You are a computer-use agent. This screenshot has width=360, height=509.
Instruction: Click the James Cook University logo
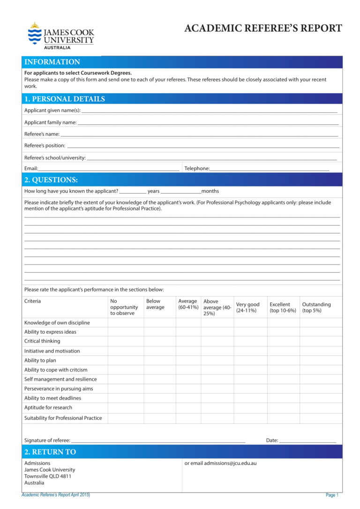(x=60, y=36)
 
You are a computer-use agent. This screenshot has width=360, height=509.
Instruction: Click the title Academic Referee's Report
(x=263, y=28)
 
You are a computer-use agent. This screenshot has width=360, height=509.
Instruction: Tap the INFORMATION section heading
(x=52, y=62)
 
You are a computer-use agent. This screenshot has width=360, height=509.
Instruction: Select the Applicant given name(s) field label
(x=52, y=111)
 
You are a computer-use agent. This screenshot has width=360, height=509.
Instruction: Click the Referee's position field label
(x=45, y=145)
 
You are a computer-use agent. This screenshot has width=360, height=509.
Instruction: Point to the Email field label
(x=31, y=168)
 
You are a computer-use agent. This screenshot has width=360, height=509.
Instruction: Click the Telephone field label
(x=197, y=168)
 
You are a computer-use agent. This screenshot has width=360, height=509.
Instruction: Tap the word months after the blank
(x=210, y=191)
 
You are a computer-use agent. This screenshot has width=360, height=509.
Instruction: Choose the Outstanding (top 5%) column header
(x=316, y=307)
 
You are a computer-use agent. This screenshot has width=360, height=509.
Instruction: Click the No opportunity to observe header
(x=124, y=307)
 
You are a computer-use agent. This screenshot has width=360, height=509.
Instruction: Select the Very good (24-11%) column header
(x=247, y=307)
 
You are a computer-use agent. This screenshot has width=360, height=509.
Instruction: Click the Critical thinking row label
(x=42, y=341)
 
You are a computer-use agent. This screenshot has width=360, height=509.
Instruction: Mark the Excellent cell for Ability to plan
(x=283, y=360)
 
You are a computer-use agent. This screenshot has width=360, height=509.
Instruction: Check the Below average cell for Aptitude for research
(x=159, y=408)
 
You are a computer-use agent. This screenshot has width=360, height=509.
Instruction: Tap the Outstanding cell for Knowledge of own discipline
(x=321, y=322)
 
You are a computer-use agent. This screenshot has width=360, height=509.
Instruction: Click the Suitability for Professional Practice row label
(x=63, y=418)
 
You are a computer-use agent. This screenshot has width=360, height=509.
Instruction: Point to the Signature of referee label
(x=47, y=441)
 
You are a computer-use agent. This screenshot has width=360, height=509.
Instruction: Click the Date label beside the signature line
(x=272, y=441)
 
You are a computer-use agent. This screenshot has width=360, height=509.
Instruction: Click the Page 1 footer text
(x=331, y=495)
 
